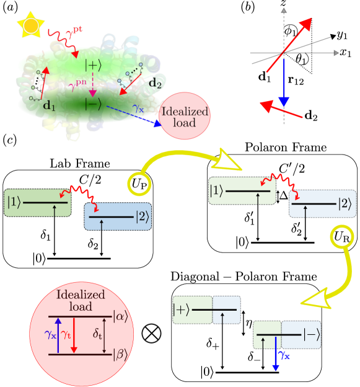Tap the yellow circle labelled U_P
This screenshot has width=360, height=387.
click(x=141, y=184)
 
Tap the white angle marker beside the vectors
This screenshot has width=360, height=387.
click(x=304, y=60)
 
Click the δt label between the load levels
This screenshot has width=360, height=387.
click(x=97, y=335)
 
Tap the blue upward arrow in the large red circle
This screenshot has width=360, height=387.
click(x=58, y=336)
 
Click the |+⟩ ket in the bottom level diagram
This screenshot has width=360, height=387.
click(x=182, y=308)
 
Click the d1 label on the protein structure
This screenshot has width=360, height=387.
click(x=48, y=105)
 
